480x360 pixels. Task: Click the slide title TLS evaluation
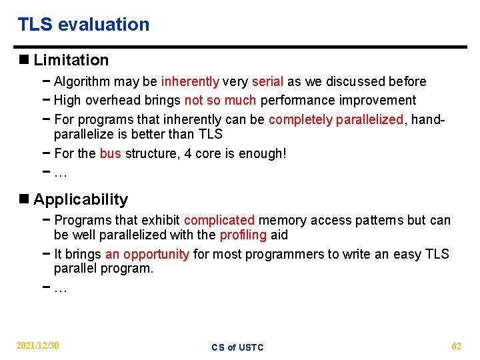click(83, 25)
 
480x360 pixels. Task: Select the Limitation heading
click(71, 60)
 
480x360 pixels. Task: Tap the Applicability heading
click(80, 199)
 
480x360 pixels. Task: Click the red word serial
click(267, 81)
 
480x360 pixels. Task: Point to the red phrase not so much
click(220, 100)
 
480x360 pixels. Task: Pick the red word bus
click(110, 153)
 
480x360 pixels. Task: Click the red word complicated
click(219, 220)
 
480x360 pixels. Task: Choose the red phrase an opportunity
click(147, 254)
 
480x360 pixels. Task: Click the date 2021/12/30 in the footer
click(38, 345)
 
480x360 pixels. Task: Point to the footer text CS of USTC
click(237, 347)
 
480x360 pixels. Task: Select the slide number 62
click(456, 345)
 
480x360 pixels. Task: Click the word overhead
click(115, 100)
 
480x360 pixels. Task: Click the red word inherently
click(190, 81)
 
